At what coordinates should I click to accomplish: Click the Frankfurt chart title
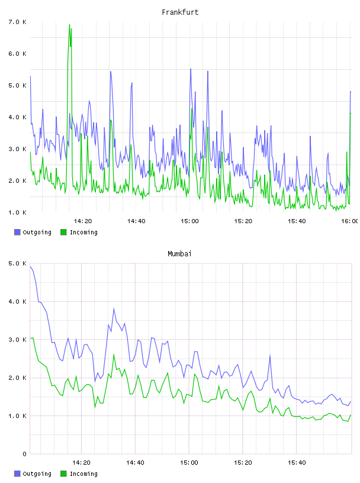click(180, 12)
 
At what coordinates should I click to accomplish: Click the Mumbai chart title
click(179, 254)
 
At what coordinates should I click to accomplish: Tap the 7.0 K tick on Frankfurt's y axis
click(18, 22)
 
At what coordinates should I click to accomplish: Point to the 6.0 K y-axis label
click(18, 54)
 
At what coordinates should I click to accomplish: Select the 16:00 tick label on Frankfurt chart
click(349, 221)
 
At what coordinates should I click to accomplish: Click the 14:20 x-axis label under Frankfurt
click(83, 221)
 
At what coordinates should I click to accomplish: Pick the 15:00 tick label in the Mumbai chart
click(189, 463)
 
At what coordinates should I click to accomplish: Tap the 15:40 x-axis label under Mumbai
click(297, 463)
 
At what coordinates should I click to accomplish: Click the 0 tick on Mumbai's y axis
click(25, 454)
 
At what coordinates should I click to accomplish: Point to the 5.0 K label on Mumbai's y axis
click(18, 263)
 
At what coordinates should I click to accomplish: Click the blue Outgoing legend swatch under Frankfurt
click(17, 232)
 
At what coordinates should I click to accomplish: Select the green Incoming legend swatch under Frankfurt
click(63, 232)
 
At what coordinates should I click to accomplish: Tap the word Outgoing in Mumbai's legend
click(37, 474)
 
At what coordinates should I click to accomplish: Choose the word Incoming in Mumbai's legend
click(83, 474)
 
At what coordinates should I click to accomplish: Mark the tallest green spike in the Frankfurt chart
click(70, 25)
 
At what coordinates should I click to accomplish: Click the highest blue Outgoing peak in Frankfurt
click(191, 69)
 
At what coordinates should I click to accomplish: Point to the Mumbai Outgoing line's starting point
click(30, 267)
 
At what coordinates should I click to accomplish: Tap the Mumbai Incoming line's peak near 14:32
click(114, 355)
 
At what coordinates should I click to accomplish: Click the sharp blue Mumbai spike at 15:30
click(270, 356)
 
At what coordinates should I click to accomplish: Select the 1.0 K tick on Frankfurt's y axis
click(18, 212)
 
